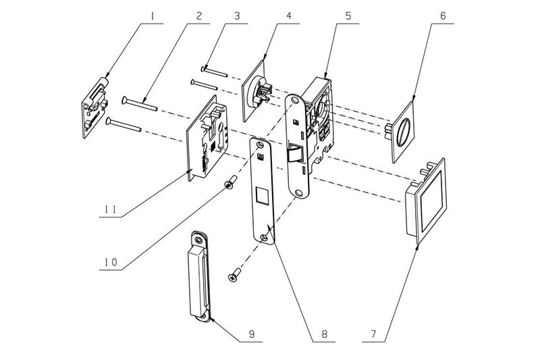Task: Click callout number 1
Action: [x=152, y=16]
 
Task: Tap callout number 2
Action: [x=199, y=16]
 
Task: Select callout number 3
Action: [x=237, y=16]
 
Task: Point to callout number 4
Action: [x=289, y=16]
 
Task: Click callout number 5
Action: [x=348, y=16]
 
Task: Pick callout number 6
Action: [x=443, y=16]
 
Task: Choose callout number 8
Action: [x=324, y=334]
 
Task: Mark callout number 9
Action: [x=252, y=334]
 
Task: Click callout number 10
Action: [x=111, y=263]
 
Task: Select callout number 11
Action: [x=111, y=209]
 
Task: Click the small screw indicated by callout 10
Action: [x=230, y=182]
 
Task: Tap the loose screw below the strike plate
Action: [x=235, y=276]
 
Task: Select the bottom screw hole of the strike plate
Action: [x=264, y=237]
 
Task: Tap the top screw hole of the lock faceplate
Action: [x=294, y=101]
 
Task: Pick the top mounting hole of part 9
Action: [x=198, y=239]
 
